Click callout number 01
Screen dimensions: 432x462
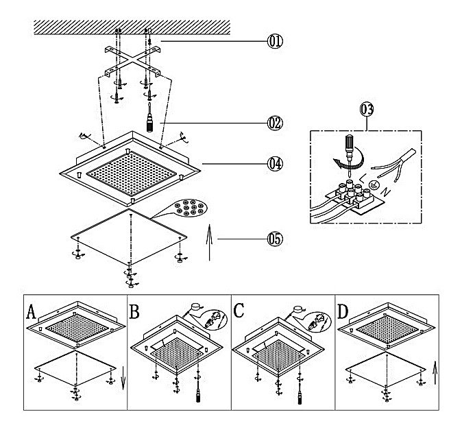click(x=274, y=41)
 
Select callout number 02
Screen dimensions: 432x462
click(x=274, y=123)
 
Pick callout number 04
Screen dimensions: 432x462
click(x=274, y=164)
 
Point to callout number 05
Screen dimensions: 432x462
click(x=274, y=239)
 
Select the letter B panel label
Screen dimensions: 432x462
click(x=134, y=312)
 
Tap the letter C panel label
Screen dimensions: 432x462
click(x=239, y=312)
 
